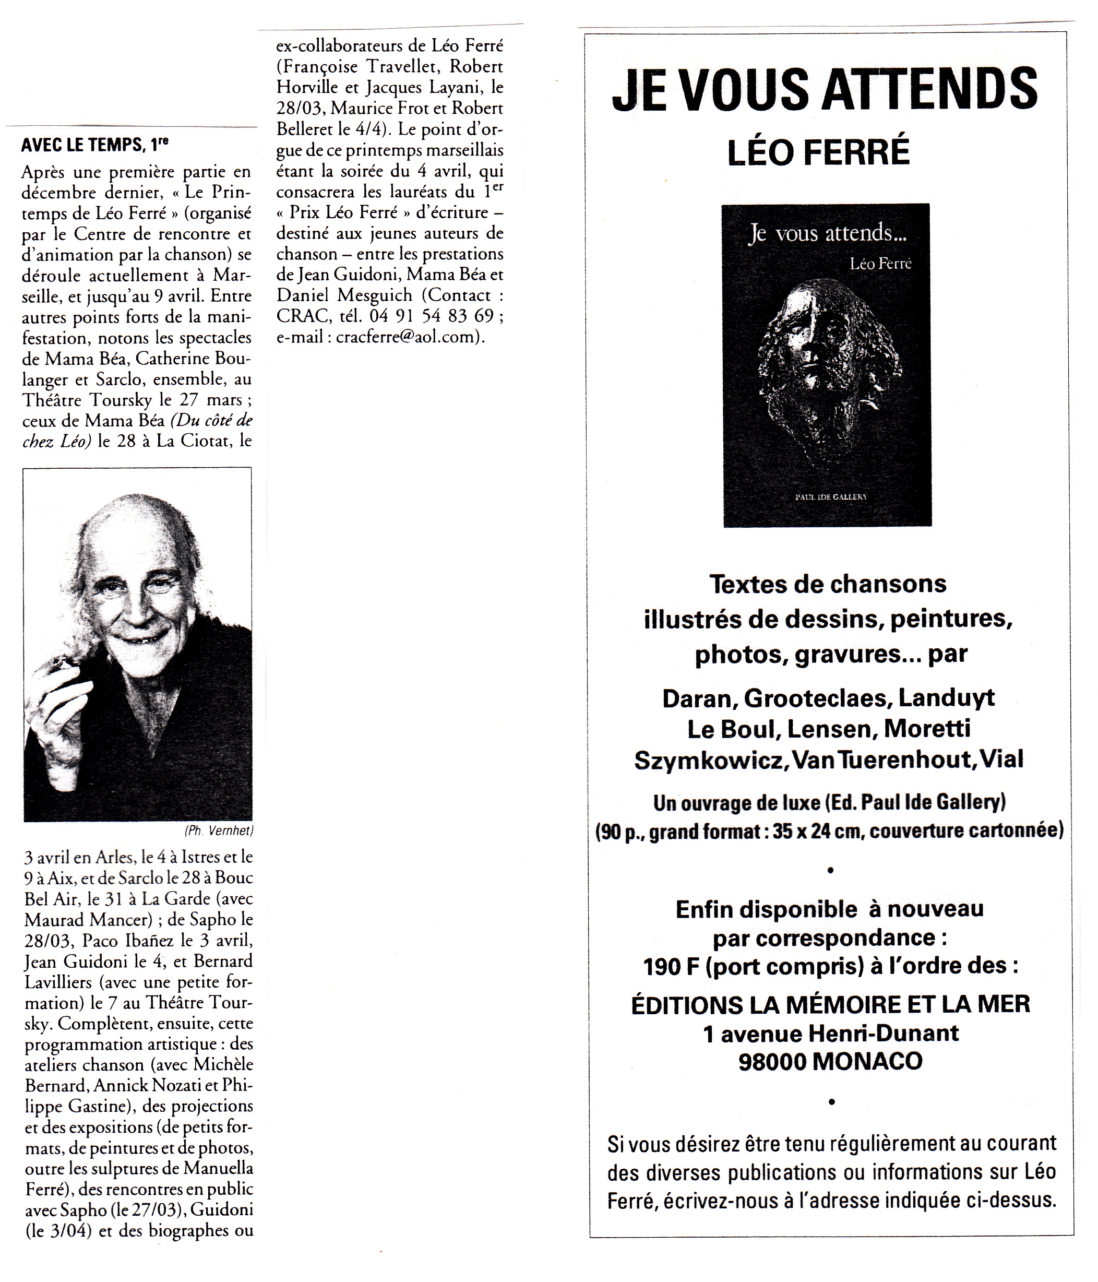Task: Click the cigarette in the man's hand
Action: pos(62,663)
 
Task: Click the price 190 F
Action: pos(671,966)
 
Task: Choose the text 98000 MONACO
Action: pos(830,1061)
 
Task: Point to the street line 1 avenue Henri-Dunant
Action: pos(830,1032)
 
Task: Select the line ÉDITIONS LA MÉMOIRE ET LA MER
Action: pos(830,1004)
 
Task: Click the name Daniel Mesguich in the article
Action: pos(344,295)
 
